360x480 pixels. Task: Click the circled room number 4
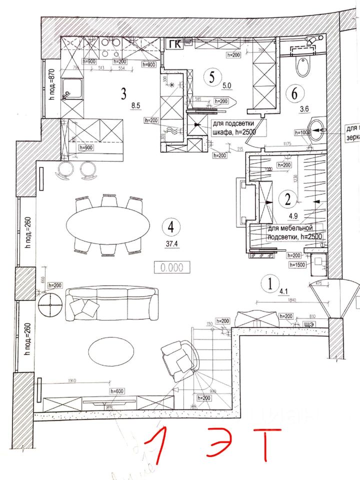coord(171,226)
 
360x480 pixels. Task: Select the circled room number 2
coord(287,199)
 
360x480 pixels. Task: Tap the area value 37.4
coord(172,244)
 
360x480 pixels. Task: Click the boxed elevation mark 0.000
coord(172,267)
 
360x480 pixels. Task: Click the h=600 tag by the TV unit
coord(117,390)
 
